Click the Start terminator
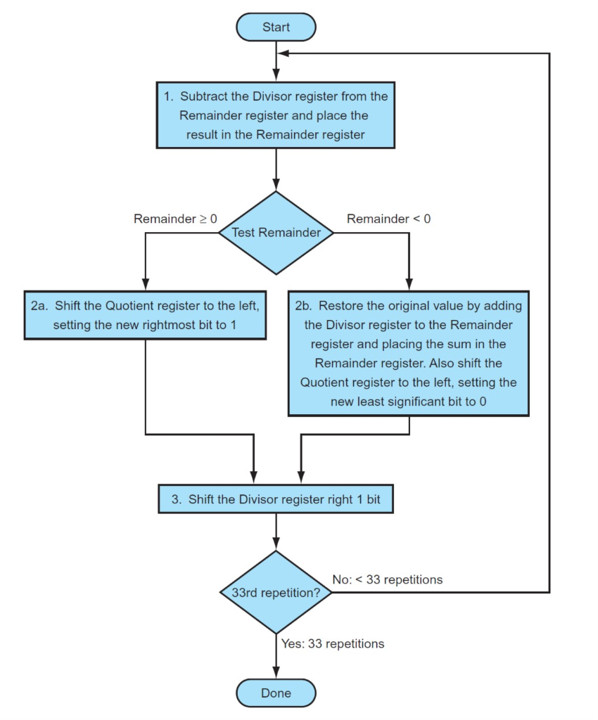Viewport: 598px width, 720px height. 276,27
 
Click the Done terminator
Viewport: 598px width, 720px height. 276,693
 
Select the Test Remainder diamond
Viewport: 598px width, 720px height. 276,233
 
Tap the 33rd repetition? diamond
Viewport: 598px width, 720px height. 276,592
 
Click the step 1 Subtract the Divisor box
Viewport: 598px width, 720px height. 276,115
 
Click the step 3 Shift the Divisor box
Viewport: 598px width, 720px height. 276,500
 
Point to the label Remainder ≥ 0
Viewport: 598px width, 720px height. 175,219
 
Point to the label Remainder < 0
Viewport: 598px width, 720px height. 388,219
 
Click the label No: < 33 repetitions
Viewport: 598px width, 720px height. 388,579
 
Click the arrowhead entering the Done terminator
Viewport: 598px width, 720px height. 276,674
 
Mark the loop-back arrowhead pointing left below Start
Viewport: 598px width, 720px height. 283,53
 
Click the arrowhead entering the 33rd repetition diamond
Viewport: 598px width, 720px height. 276,545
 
